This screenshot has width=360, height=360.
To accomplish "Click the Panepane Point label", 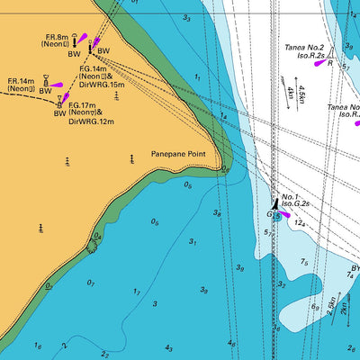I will click(x=178, y=154).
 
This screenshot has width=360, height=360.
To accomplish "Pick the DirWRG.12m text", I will click(x=93, y=121).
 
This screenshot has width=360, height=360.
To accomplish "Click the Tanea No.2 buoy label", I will click(x=304, y=48).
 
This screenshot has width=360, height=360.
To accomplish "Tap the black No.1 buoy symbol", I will click(x=274, y=205).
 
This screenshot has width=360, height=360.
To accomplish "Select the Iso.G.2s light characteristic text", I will click(x=298, y=205).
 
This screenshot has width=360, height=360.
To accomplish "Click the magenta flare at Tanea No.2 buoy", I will click(x=319, y=64).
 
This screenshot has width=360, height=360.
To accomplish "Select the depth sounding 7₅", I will click(x=304, y=262).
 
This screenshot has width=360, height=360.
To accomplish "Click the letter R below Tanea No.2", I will click(x=329, y=64).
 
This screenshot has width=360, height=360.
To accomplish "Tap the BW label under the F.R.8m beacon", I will click(x=74, y=53).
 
